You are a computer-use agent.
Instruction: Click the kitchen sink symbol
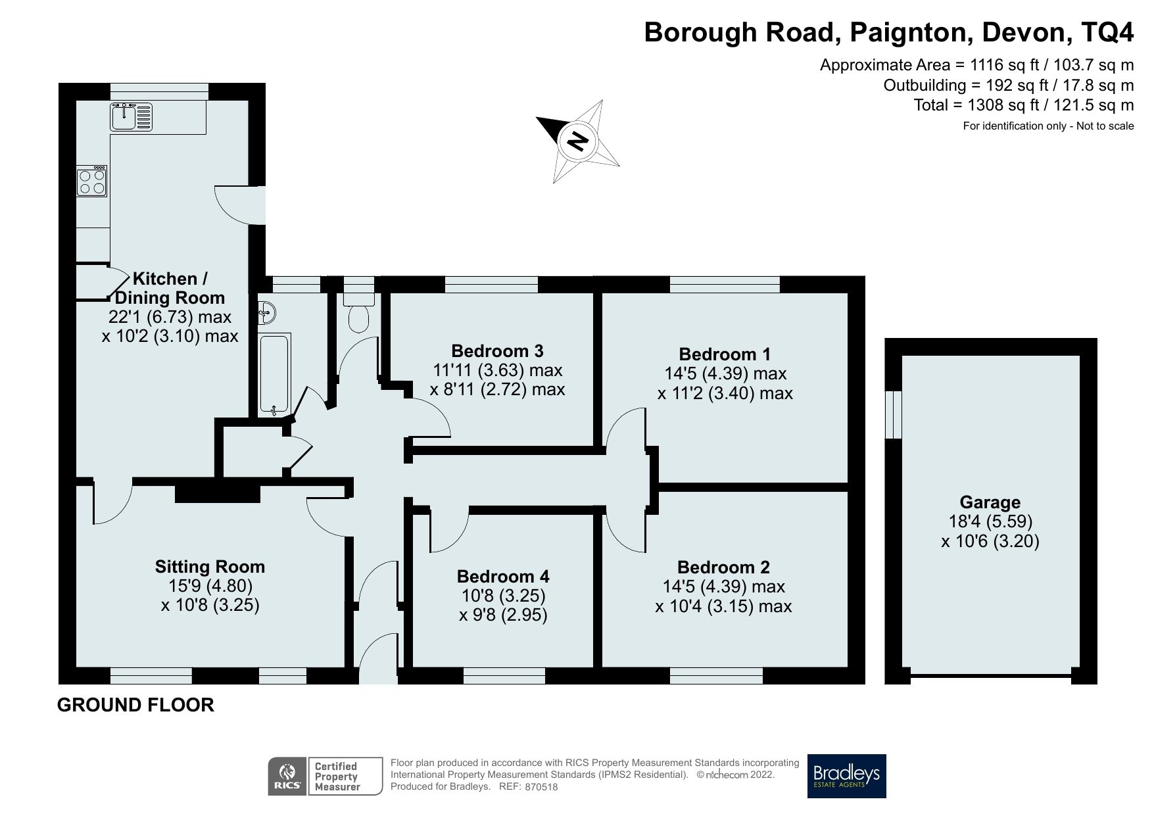131,117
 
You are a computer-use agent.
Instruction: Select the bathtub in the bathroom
274,374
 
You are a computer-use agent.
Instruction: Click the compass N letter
577,141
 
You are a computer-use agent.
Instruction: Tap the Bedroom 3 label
497,350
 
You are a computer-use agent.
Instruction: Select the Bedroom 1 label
725,354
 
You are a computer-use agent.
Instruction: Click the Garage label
990,502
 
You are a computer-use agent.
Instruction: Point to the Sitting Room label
210,567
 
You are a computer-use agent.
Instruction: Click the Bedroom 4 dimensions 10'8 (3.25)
503,596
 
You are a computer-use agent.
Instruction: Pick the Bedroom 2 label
723,567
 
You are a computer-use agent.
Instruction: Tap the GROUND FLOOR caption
135,705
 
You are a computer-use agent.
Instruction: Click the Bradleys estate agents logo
846,776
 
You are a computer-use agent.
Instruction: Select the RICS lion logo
287,776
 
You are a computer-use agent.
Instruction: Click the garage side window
893,414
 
